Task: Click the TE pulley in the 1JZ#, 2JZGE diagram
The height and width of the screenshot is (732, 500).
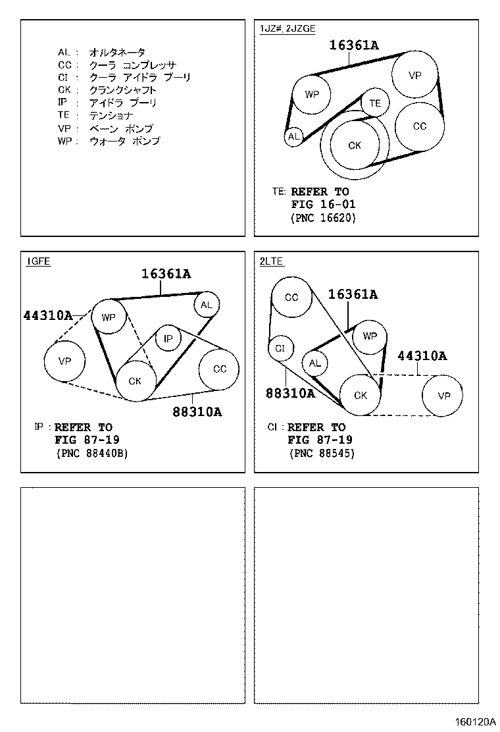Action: point(375,103)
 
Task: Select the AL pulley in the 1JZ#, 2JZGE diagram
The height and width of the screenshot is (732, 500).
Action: point(293,137)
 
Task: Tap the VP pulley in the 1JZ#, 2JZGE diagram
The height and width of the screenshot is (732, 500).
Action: point(414,75)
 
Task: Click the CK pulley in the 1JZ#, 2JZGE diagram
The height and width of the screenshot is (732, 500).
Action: point(355,145)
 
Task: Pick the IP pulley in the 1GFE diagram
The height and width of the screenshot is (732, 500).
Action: point(168,338)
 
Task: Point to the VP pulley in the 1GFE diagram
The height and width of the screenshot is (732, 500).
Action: point(64,361)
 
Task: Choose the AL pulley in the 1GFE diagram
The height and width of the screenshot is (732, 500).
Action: point(206,304)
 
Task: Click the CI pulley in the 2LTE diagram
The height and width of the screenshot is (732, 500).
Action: point(280,348)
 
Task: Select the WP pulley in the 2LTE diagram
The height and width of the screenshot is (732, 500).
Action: point(370,336)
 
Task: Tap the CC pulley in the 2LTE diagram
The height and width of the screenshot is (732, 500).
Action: point(291,298)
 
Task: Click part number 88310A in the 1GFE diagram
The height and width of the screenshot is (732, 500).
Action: point(197,412)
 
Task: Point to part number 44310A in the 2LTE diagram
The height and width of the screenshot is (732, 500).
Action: point(422,355)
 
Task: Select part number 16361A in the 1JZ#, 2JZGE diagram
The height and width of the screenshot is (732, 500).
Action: point(354,45)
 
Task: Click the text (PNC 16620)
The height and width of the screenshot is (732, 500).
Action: point(322,218)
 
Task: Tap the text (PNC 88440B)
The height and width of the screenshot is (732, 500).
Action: point(91,453)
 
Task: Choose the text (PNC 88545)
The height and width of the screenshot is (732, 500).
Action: point(322,453)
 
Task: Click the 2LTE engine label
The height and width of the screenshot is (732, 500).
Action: point(271,261)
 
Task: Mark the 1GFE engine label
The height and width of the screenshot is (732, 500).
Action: point(38,261)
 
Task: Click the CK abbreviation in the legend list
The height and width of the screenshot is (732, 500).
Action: point(64,90)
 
